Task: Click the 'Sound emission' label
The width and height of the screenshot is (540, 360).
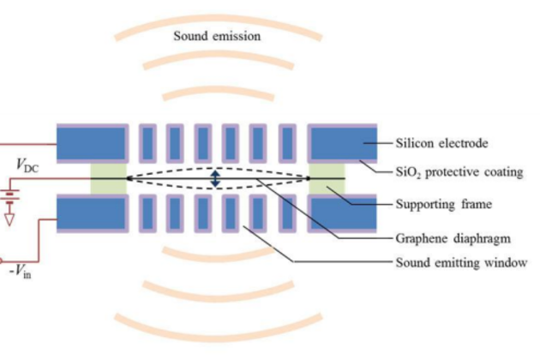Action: coord(217,36)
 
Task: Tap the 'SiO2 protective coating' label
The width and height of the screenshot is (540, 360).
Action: coord(459,172)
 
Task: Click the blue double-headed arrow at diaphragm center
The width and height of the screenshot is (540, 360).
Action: coord(216,178)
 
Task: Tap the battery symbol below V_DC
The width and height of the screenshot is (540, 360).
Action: coord(9,195)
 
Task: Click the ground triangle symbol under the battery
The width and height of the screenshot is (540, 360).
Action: coord(9,219)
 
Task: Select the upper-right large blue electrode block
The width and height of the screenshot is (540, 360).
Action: coord(341,142)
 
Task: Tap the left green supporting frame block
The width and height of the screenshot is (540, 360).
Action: coord(108,178)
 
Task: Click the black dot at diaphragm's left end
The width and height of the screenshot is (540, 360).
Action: coord(128,178)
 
